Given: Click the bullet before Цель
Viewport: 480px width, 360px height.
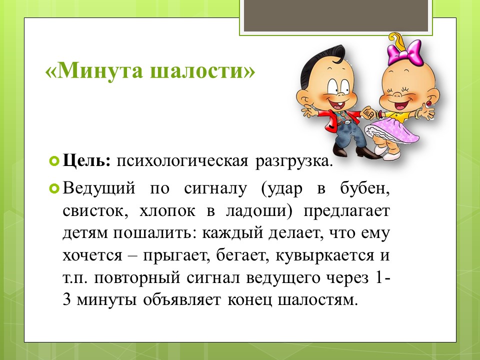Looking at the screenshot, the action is [54, 160].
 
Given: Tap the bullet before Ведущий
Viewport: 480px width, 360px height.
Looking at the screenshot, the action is [54, 188].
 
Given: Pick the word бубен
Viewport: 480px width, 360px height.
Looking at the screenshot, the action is [365, 188].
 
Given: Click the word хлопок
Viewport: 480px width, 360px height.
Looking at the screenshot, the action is [167, 211].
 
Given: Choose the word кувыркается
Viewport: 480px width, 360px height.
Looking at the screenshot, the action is [325, 255].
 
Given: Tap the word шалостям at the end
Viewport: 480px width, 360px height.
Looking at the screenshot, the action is [318, 300].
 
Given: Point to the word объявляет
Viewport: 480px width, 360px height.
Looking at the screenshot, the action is [181, 299].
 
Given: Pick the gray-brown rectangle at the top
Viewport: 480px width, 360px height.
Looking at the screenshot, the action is [336, 15].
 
